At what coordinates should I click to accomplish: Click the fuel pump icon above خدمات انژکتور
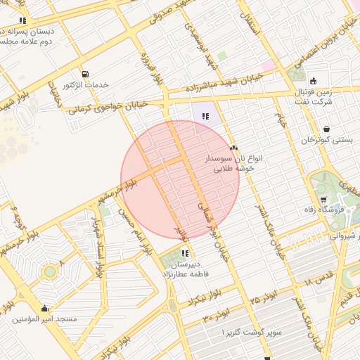(85, 74)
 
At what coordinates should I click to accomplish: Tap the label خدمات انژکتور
(86, 85)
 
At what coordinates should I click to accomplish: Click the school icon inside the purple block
(205, 117)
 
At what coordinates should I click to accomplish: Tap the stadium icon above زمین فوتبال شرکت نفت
(313, 80)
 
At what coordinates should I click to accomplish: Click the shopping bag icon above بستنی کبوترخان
(327, 129)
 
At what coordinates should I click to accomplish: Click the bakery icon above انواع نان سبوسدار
(233, 148)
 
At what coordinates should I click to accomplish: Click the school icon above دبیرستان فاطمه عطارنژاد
(185, 253)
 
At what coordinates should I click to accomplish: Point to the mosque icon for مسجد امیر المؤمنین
(45, 308)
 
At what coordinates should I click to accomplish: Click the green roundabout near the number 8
(49, 271)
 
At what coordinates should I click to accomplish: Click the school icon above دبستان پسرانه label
(23, 20)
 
